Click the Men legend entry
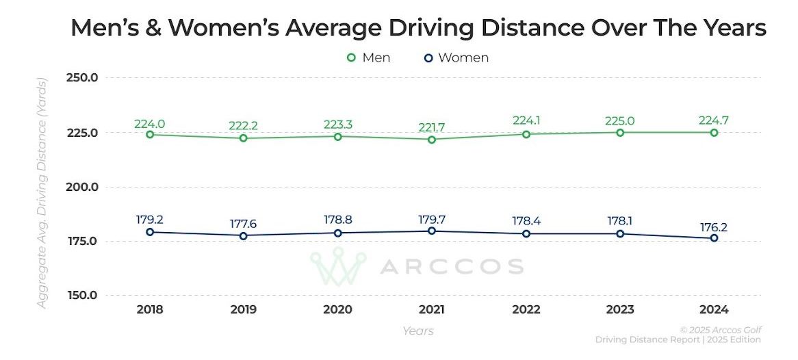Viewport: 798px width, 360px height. click(x=369, y=57)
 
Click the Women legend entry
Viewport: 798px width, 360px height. click(x=456, y=57)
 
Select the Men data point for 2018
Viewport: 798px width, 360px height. click(x=150, y=134)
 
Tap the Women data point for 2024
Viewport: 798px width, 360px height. click(x=714, y=238)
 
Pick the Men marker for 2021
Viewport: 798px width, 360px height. click(x=432, y=140)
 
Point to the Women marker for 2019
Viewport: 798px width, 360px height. click(x=243, y=235)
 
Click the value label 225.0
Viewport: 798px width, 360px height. click(x=620, y=121)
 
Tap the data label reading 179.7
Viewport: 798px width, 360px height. click(x=432, y=220)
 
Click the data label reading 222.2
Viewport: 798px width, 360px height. click(x=244, y=127)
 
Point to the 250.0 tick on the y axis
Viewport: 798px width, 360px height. click(x=83, y=78)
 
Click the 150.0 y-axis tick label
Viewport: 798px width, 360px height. click(x=83, y=296)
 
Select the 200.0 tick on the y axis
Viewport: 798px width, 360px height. click(x=83, y=187)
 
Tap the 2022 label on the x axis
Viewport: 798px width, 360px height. click(x=526, y=309)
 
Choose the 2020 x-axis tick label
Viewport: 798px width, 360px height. click(x=337, y=309)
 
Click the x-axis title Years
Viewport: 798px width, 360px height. click(x=417, y=331)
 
